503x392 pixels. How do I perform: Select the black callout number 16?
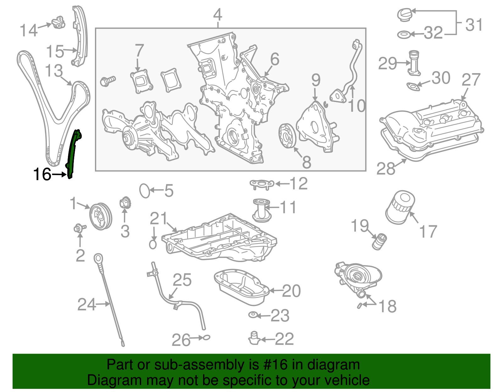42,174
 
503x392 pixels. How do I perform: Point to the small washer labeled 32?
403,35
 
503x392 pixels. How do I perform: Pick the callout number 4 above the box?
218,15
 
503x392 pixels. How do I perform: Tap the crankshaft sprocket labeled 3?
125,203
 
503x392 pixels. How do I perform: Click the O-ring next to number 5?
145,191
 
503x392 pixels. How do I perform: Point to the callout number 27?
471,80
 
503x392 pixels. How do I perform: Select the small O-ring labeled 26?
206,338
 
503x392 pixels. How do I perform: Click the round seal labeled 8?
287,136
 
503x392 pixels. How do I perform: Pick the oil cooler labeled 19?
379,241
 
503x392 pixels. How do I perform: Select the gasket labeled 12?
262,184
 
